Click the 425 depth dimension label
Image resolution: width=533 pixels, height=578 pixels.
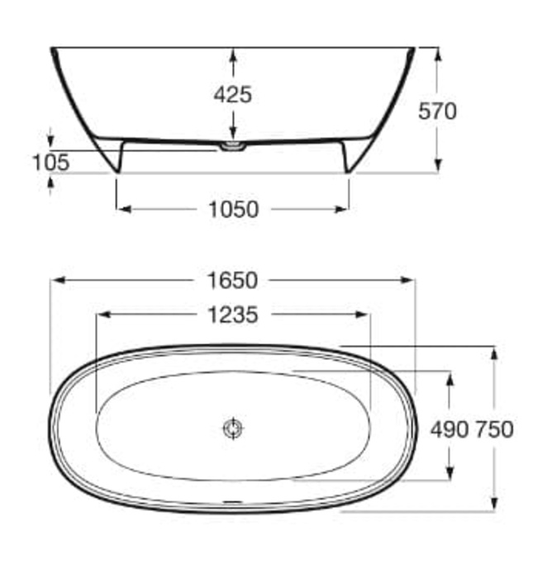coord(233,94)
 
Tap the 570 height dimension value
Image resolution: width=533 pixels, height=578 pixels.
coord(437,111)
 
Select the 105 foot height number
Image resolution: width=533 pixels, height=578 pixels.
coord(51,162)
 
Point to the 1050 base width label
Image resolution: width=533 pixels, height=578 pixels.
coord(234,210)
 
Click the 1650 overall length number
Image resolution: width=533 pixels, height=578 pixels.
coord(233,281)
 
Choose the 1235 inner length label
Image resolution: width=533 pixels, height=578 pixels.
coord(233,315)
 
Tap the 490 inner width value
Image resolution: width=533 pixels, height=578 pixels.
coord(450,429)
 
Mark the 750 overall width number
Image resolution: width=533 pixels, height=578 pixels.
coord(493,429)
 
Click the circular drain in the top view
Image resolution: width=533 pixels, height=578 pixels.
coord(233,429)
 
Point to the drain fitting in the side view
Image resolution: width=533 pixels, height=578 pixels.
coord(233,146)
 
